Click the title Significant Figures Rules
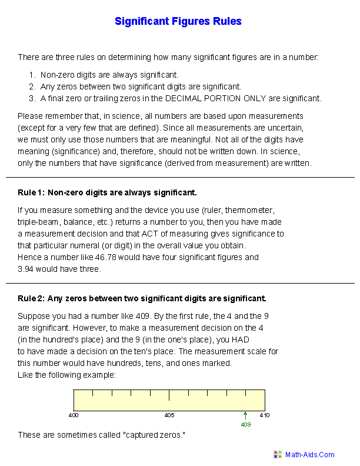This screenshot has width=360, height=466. coord(178,22)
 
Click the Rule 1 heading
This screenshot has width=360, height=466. coord(108,192)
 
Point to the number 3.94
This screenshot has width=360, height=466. coord(26,268)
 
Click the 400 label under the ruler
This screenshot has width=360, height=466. coord(74,415)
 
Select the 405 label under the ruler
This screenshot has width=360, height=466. coord(169,415)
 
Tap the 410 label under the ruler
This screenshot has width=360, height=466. coord(265,415)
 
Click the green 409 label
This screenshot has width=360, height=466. coord(246,424)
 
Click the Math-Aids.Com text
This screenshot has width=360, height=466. coord(310,454)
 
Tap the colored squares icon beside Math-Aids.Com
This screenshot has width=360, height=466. coord(278,454)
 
